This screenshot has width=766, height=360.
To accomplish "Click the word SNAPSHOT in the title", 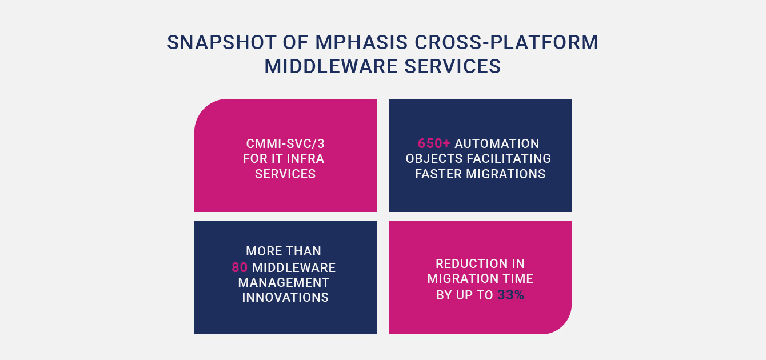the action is (222, 42).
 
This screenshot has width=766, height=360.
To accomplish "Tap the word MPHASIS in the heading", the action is (361, 42).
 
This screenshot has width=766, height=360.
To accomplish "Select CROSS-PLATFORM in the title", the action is (506, 42).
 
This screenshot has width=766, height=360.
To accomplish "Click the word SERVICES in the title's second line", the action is (453, 66).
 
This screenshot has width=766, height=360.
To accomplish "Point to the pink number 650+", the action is (434, 143).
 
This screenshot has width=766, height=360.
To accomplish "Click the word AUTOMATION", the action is (497, 143).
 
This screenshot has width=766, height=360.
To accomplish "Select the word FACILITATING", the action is (509, 159).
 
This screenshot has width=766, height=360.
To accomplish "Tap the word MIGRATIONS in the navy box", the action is (506, 174).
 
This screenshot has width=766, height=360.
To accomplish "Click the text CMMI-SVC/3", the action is (285, 143).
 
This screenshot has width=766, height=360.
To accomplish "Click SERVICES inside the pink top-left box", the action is (285, 174).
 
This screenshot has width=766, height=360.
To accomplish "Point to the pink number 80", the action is (240, 267).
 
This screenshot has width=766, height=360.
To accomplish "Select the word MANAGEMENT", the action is (284, 282).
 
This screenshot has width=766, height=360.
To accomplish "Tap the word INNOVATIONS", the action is (285, 298).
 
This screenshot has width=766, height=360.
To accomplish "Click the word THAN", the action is (304, 251).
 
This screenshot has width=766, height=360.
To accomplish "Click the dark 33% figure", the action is (510, 295).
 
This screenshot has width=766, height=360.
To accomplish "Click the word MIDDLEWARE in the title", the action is (331, 66).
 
